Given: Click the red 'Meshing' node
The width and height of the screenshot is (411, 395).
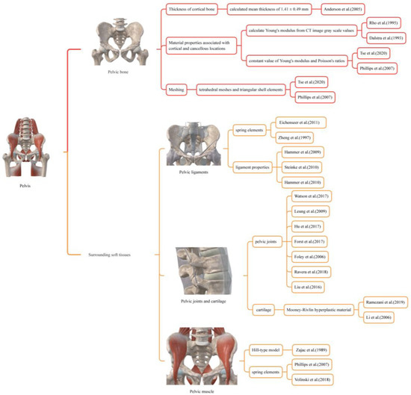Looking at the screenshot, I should [x=176, y=88].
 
